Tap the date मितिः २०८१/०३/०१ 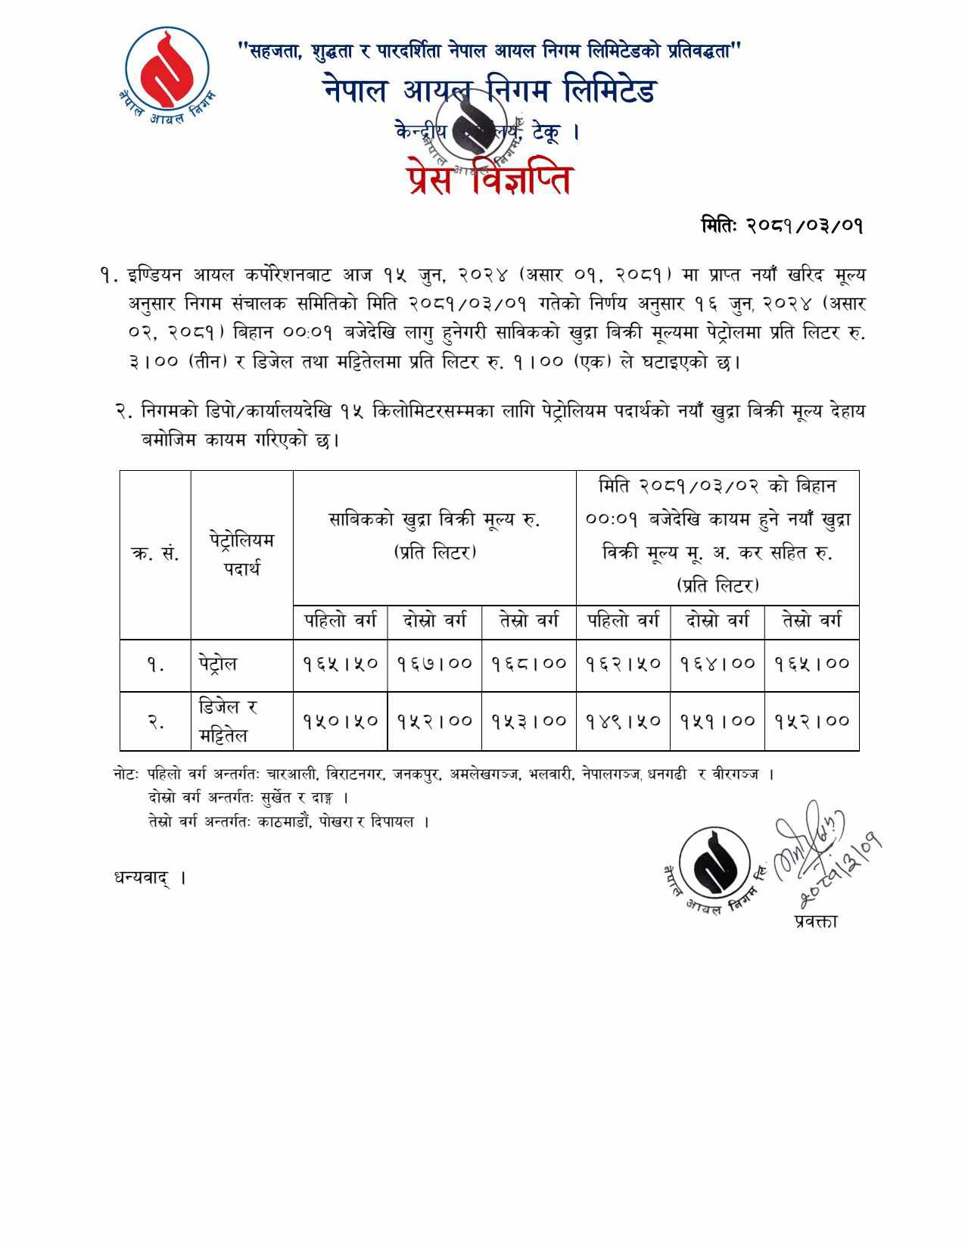click(782, 226)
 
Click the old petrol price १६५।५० click(341, 664)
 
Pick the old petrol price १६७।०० click(434, 664)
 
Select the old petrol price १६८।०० click(528, 664)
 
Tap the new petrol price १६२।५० click(623, 664)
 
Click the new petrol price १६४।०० click(717, 664)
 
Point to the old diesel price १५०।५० click(341, 721)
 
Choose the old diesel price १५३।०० click(528, 721)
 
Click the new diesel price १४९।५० click(623, 721)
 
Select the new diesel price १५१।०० click(717, 721)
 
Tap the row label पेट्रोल click(218, 664)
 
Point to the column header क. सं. click(155, 553)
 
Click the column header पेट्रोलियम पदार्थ click(241, 554)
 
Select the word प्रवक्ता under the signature click(816, 921)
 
